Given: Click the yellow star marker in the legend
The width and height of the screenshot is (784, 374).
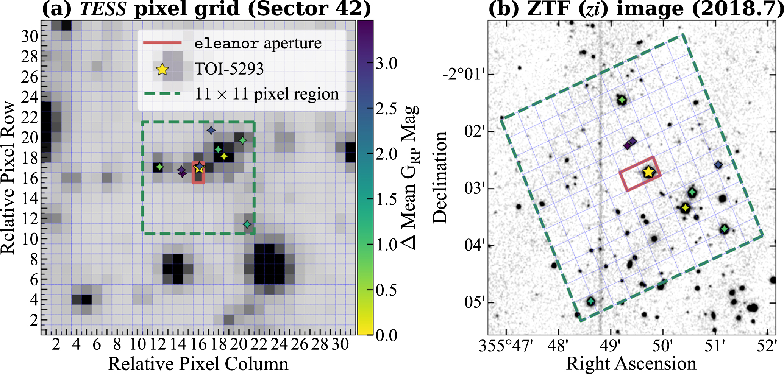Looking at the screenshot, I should click(x=162, y=69).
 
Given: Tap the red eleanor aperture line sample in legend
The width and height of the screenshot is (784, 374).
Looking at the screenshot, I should click(x=162, y=43).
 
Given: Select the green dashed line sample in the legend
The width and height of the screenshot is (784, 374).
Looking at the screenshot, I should click(x=162, y=94).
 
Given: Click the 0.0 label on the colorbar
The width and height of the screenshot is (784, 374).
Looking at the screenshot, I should click(x=386, y=335).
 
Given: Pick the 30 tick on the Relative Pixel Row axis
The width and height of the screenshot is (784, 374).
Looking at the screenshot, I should click(x=30, y=37).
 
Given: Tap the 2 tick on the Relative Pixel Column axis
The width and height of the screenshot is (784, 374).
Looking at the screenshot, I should click(x=56, y=345).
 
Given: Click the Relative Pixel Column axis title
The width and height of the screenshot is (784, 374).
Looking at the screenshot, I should click(x=198, y=364).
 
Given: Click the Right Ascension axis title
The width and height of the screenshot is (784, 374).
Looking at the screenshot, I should click(x=631, y=364).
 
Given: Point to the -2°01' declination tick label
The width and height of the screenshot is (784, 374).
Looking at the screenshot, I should click(x=464, y=74).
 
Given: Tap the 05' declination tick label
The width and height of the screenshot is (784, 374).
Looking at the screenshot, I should click(x=474, y=303).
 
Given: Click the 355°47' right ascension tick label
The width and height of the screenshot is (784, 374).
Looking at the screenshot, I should click(x=506, y=346).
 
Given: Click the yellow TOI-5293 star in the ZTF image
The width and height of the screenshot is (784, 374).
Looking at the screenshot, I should click(x=648, y=172).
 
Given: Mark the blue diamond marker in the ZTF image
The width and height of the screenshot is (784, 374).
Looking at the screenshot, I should click(x=718, y=165).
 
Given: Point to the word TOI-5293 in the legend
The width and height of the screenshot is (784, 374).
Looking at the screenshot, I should click(x=229, y=69).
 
